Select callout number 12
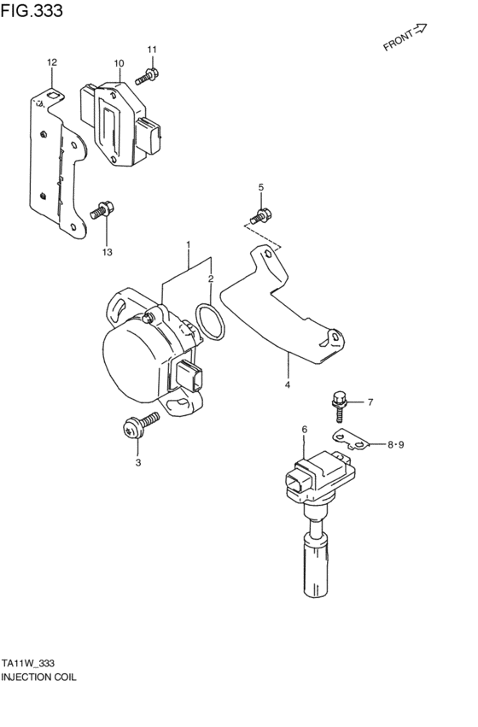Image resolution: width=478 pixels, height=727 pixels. [51, 62]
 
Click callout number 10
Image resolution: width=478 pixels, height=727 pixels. [119, 63]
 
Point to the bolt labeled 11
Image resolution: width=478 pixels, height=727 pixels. [144, 78]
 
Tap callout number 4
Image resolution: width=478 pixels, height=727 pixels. [288, 385]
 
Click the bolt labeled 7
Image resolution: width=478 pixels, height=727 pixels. [339, 403]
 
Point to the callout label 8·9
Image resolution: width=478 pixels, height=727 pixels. [397, 444]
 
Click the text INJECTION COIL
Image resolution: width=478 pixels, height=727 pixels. [38, 676]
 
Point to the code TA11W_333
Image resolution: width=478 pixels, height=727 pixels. [29, 662]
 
